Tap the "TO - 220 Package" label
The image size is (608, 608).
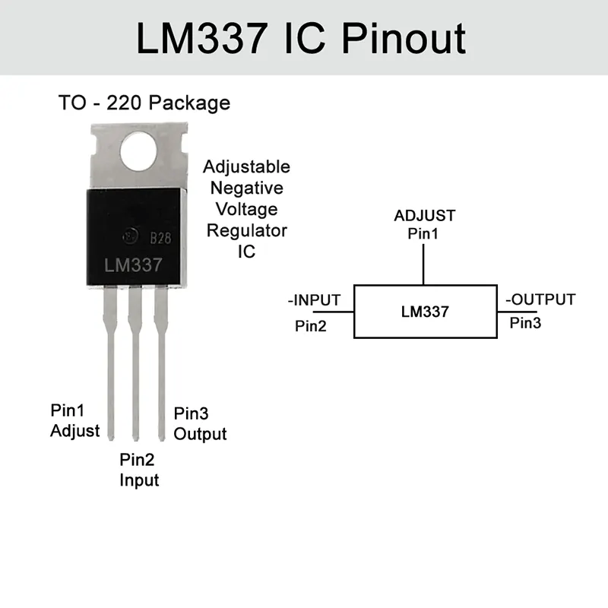point(144,103)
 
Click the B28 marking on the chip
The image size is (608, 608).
point(160,238)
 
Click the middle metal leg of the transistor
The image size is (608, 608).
point(136,365)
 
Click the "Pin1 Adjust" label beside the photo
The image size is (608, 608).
point(74,420)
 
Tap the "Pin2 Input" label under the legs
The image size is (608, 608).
point(139,469)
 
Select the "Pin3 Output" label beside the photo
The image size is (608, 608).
point(200,424)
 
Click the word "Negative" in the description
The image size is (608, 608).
point(246,188)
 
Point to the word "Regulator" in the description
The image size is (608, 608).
point(246,230)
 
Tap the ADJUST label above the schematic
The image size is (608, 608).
point(424,215)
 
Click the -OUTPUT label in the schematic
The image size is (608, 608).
point(540,299)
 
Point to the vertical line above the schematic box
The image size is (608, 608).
point(423,264)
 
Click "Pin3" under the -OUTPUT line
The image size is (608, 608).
point(525,323)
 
